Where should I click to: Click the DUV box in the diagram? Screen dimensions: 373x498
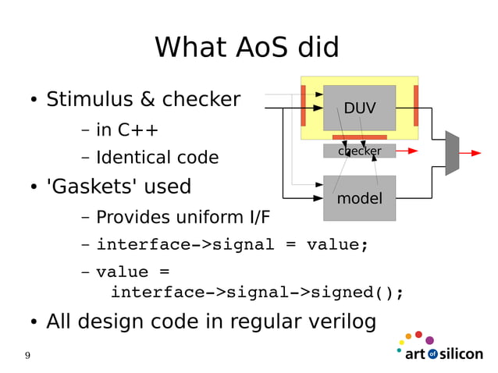(359, 108)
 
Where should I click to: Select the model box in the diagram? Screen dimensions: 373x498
(359, 198)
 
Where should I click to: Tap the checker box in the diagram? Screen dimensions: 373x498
(359, 151)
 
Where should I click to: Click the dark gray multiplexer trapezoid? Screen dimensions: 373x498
(452, 153)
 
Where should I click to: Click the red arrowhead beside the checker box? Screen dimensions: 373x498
(413, 151)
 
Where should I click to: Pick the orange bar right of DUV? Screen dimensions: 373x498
(416, 105)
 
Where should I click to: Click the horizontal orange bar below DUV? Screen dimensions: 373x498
(359, 137)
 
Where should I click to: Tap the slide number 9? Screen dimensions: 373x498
(28, 356)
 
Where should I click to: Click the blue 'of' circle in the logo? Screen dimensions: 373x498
(432, 354)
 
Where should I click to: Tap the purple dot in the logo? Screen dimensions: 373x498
(429, 340)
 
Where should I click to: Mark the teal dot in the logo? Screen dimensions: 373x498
(399, 350)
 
